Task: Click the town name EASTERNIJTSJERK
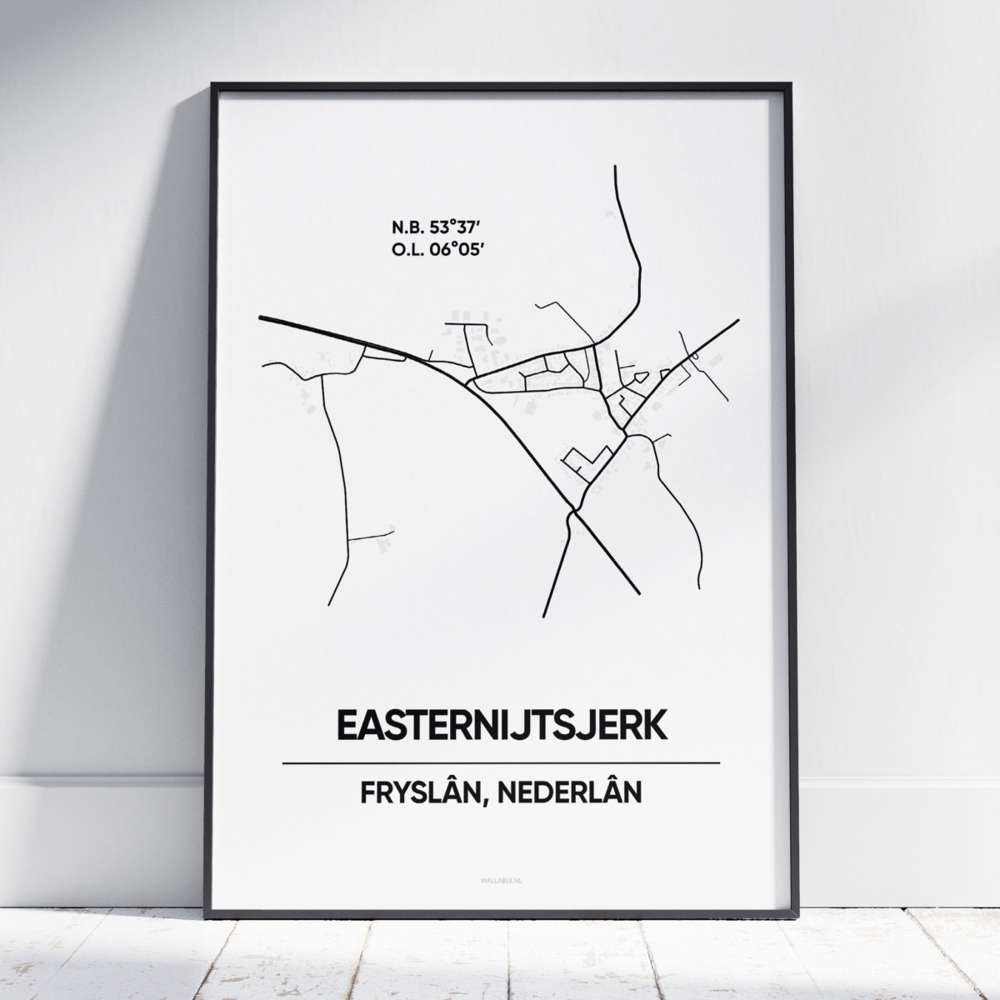tap(500, 724)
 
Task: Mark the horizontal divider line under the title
tap(500, 762)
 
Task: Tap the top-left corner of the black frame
tap(213, 84)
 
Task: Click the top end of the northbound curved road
tap(615, 167)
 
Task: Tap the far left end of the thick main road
tap(261, 317)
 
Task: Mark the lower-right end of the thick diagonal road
tap(637, 592)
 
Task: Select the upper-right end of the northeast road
tap(737, 319)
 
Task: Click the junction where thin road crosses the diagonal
tap(573, 509)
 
